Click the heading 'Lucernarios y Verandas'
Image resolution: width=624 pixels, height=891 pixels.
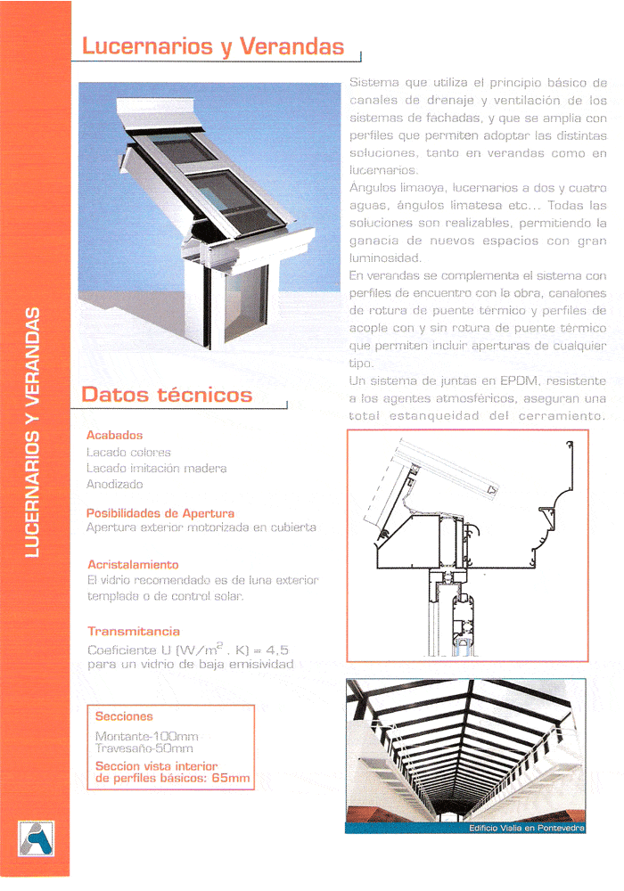[213, 46]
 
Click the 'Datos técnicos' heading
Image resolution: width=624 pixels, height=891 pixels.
[167, 395]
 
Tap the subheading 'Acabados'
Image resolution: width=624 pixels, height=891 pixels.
[114, 436]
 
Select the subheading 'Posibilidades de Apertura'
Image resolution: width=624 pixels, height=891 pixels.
[160, 513]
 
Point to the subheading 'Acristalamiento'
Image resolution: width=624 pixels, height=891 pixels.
[133, 565]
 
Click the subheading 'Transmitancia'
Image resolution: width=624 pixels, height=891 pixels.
[134, 632]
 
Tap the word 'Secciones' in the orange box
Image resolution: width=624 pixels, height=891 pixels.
[124, 716]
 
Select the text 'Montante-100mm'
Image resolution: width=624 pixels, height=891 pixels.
[146, 737]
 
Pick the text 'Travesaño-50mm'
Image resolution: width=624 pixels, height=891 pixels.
[144, 749]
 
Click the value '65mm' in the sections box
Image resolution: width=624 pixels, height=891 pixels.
[234, 779]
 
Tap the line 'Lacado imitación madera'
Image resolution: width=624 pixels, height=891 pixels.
[156, 469]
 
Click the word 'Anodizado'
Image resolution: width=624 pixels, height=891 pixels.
[114, 485]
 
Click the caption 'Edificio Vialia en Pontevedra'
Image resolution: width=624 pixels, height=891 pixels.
[527, 829]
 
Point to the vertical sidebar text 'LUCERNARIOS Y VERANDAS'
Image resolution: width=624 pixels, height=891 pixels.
[33, 431]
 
